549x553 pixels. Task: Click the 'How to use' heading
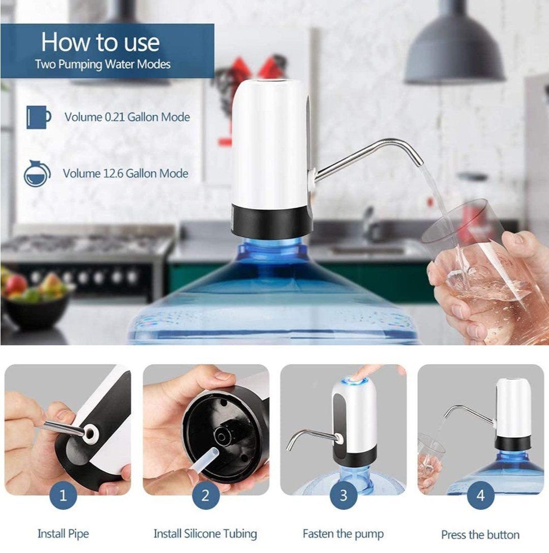101,42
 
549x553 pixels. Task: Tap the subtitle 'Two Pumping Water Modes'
103,64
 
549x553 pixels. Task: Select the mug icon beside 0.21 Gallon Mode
38,117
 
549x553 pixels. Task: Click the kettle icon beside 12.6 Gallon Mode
37,173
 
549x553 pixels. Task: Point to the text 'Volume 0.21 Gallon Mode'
127,117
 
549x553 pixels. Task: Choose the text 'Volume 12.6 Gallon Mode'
126,173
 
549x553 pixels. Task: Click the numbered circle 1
63,495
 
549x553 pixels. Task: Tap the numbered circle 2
205,495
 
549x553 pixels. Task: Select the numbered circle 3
344,495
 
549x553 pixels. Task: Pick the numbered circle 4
480,495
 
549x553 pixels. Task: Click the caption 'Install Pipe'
63,534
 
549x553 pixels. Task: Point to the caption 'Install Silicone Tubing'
205,534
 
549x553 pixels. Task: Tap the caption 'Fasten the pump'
343,534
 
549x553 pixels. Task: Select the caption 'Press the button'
480,535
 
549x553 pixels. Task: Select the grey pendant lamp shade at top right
455,48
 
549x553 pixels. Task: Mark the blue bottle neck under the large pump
271,250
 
